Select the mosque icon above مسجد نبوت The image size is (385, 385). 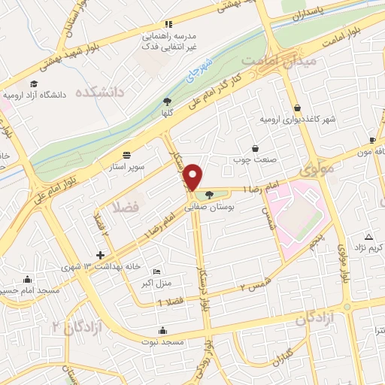[162, 329]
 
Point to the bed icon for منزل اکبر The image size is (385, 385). [156, 271]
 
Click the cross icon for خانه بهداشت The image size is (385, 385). [101, 256]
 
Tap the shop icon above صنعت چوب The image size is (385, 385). [256, 148]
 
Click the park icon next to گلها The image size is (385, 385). [167, 102]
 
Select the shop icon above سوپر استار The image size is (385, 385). [125, 153]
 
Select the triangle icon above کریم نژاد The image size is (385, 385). [368, 237]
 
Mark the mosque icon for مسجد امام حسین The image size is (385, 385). [27, 279]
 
